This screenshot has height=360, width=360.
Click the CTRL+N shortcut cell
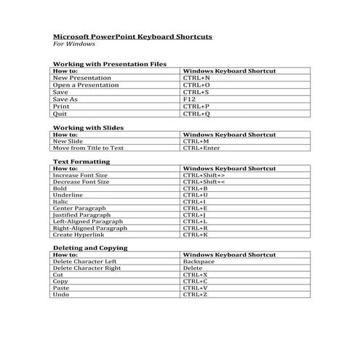(196, 79)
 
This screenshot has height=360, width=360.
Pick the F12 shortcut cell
(189, 100)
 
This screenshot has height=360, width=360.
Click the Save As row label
(65, 100)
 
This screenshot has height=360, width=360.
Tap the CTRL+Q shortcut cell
(196, 113)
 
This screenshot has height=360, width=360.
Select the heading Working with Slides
(88, 128)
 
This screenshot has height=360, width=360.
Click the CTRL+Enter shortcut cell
(201, 148)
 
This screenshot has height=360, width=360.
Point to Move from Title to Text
(89, 148)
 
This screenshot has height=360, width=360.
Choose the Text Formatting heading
(81, 161)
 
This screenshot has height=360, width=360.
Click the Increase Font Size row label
(81, 175)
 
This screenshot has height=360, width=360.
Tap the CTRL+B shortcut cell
(196, 188)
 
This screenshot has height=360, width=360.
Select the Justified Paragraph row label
(81, 215)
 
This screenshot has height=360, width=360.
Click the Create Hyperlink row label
(79, 235)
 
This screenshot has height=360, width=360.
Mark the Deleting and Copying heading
(90, 248)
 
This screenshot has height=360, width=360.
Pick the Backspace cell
(199, 262)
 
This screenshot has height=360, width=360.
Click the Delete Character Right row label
(87, 268)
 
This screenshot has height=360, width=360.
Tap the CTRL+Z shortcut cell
(196, 295)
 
